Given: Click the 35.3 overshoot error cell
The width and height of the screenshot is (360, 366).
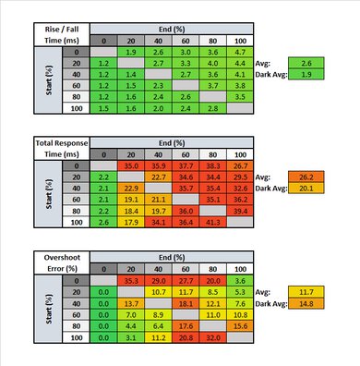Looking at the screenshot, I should tap(130, 279).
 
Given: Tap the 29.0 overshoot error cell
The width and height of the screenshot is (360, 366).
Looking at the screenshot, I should tap(158, 279).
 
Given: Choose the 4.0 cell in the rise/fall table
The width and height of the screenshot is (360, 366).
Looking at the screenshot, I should tap(212, 66).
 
